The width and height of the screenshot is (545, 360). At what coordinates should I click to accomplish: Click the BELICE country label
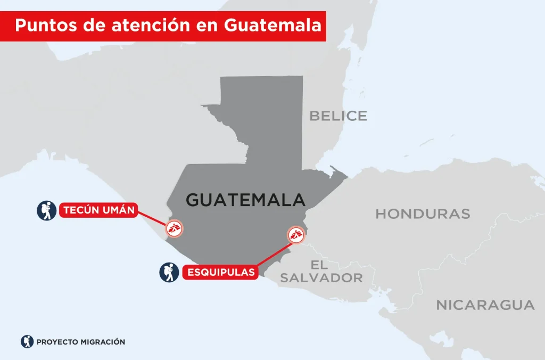338,116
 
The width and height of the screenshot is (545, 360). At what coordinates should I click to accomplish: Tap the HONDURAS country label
423,214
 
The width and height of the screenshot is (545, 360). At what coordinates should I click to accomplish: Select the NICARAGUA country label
485,305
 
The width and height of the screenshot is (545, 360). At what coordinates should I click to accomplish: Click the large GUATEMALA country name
245,200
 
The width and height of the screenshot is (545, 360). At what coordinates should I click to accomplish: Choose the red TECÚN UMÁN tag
98,210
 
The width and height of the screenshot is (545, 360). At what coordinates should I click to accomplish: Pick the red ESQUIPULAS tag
220,272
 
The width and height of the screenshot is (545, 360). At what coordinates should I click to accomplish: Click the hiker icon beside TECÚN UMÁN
46,210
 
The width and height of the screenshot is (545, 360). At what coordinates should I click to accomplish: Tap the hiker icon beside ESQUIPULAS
169,272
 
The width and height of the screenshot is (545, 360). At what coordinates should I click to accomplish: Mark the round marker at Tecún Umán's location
174,228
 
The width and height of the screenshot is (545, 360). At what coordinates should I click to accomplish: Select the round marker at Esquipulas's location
295,234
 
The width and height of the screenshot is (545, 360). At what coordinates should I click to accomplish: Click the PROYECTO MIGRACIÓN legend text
81,342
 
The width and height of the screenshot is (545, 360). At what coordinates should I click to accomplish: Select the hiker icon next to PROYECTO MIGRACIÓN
27,342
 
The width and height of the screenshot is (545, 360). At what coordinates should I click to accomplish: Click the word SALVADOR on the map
321,277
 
